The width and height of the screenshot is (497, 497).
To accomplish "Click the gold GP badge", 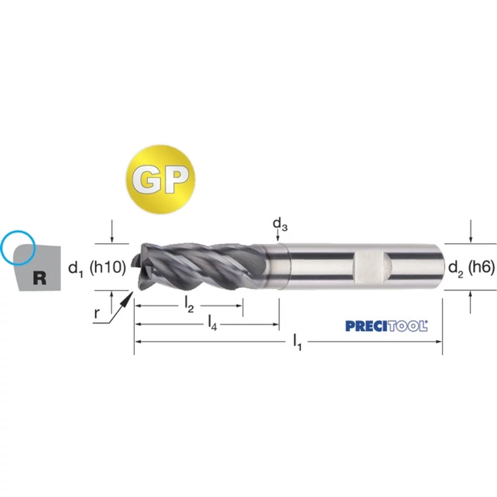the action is (x=160, y=179).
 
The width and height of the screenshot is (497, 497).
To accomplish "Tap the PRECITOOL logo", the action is (x=387, y=326).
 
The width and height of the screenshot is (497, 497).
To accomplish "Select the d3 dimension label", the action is (x=280, y=224).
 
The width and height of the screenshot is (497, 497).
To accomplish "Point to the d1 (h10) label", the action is (x=97, y=268).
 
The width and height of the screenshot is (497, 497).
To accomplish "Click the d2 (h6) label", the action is (x=472, y=268).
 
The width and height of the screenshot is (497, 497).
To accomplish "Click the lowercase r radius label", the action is (x=97, y=313).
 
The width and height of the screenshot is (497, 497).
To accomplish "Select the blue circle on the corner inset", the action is (x=18, y=248).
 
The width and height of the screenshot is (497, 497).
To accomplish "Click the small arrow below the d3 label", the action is (x=278, y=236).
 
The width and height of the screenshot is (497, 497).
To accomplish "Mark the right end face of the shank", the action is (x=441, y=267).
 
